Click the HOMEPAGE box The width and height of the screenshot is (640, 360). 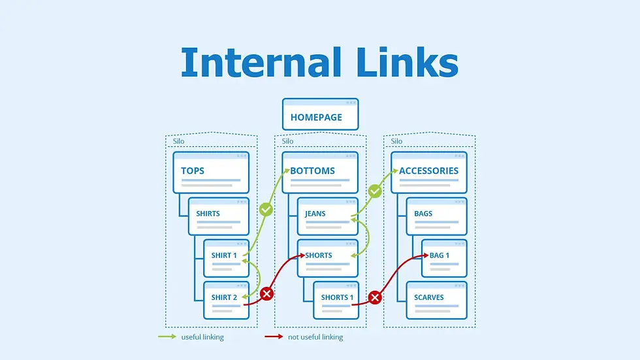(320, 114)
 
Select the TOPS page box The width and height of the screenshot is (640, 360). (210, 172)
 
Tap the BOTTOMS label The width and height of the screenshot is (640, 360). (313, 171)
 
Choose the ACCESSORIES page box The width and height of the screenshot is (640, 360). (429, 172)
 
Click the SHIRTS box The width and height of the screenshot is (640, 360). (219, 216)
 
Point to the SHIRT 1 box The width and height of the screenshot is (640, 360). (226, 258)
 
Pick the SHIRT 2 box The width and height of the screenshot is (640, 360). (226, 300)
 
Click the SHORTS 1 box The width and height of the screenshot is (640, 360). (336, 300)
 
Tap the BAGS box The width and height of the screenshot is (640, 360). (436, 216)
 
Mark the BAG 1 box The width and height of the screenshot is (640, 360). (444, 258)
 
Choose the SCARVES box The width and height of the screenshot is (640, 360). (436, 300)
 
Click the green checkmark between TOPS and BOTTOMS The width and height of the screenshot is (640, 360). (266, 210)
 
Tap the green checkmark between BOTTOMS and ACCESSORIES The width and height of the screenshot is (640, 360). (375, 191)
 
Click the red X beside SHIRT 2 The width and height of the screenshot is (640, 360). (266, 294)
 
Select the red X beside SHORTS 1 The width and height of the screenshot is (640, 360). (375, 298)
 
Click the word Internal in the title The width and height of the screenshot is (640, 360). (261, 63)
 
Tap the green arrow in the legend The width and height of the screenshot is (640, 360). (167, 337)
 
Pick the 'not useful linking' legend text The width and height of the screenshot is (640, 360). (315, 337)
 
